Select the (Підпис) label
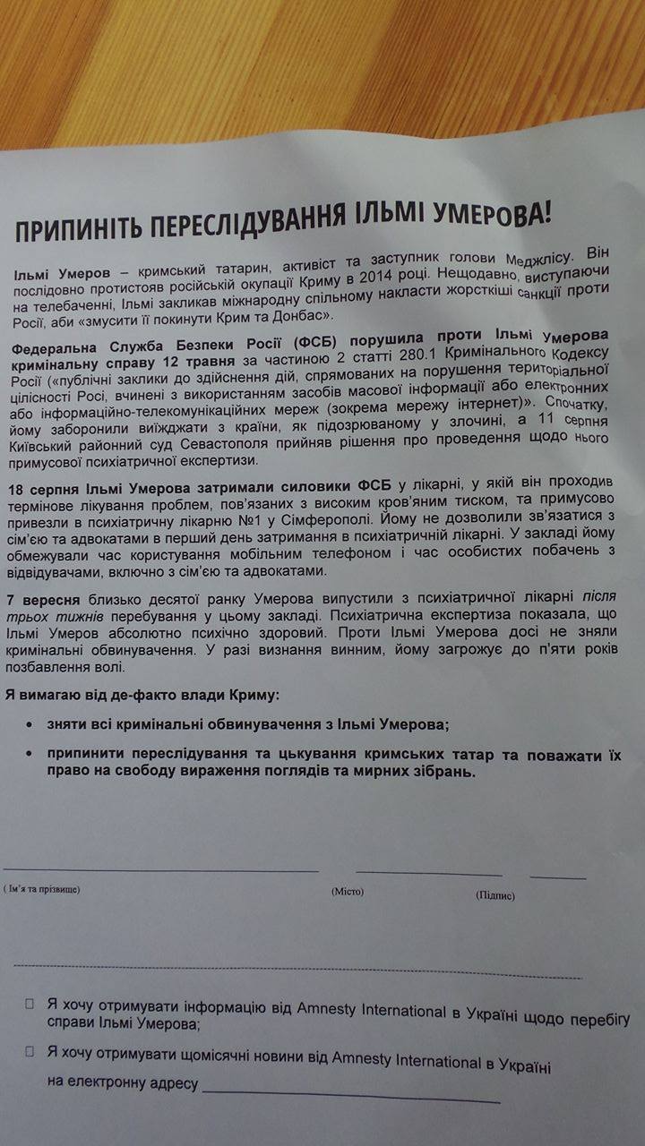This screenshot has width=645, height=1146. (495, 895)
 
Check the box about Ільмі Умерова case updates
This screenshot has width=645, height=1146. (29, 1004)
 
